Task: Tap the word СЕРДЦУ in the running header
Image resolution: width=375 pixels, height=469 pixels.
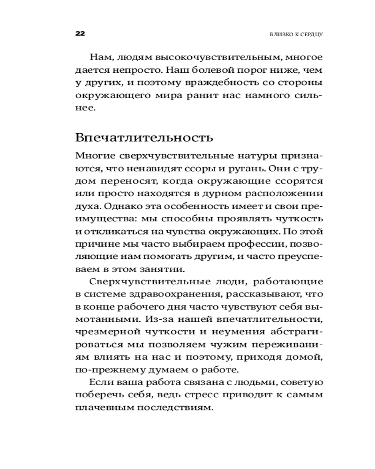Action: [311, 34]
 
